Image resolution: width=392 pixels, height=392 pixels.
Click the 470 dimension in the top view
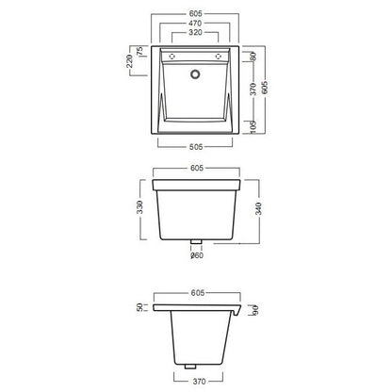coord(195,24)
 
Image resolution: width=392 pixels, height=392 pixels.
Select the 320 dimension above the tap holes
coord(195,32)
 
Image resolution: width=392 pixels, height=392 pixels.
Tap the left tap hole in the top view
coord(171,57)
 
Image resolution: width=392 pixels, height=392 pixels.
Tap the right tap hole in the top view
coord(218,57)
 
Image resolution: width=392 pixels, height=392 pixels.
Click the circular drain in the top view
coord(195,74)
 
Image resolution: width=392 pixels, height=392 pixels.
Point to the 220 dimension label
coord(129,61)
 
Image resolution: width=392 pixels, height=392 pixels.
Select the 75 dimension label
coord(139,51)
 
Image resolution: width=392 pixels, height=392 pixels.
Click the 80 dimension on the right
coord(253,57)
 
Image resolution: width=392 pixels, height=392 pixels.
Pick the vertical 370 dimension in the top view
coord(253,89)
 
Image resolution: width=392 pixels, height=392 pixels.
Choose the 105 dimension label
coord(253,127)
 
